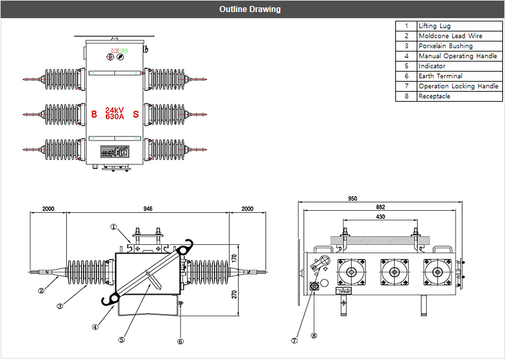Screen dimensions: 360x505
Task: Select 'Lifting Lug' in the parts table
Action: pyautogui.click(x=435, y=26)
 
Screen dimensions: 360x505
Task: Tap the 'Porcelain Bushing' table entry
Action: pyautogui.click(x=445, y=46)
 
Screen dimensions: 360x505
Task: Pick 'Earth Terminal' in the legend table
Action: pyautogui.click(x=440, y=76)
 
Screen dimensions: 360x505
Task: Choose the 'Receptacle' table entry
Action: pyautogui.click(x=434, y=96)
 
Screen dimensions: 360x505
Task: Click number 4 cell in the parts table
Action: pyautogui.click(x=406, y=56)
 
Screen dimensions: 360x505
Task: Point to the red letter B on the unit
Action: pyautogui.click(x=94, y=114)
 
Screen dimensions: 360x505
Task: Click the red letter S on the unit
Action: pyautogui.click(x=136, y=114)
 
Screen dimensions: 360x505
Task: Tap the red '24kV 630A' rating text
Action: pyautogui.click(x=114, y=113)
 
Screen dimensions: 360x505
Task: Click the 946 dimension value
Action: pyautogui.click(x=148, y=209)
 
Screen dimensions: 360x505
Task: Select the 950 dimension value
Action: pyautogui.click(x=352, y=199)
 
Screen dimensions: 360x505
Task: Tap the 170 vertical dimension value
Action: pyautogui.click(x=235, y=257)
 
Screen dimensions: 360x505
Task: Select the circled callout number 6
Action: pyautogui.click(x=180, y=341)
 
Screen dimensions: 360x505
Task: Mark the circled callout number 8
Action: pyautogui.click(x=313, y=335)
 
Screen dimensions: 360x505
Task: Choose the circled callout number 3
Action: pyautogui.click(x=60, y=306)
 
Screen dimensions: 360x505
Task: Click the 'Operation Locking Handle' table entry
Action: pyautogui.click(x=458, y=86)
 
